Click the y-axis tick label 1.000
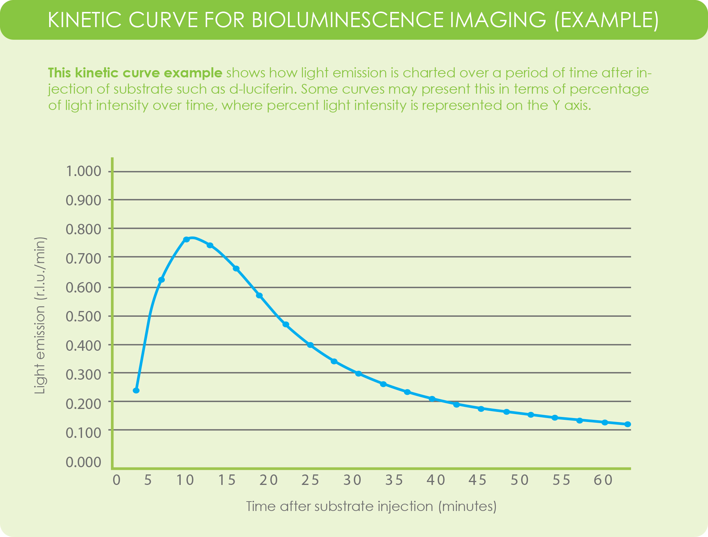tap(83, 171)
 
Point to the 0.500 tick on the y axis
tap(83, 316)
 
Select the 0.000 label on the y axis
tap(83, 462)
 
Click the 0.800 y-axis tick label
tap(83, 229)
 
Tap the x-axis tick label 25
tap(310, 480)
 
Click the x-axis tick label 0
tap(116, 480)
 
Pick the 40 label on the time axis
tap(436, 480)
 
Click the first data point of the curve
tap(136, 391)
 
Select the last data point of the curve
tap(628, 424)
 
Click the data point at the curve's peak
tap(186, 239)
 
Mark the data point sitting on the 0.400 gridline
tap(310, 345)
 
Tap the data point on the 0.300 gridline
tap(359, 374)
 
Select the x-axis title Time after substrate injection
tap(371, 506)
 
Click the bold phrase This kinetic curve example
tap(135, 73)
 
